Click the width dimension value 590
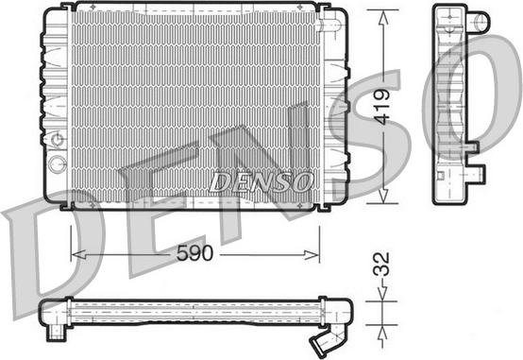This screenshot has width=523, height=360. (194, 253)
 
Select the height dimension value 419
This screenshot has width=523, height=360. (381, 107)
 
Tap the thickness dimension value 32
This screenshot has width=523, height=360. (381, 264)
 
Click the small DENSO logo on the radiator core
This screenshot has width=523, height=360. (261, 182)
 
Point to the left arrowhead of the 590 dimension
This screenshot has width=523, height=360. (78, 255)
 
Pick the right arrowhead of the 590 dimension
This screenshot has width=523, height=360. (312, 255)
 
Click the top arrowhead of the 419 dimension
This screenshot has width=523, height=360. (383, 18)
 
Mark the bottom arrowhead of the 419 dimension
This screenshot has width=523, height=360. (383, 196)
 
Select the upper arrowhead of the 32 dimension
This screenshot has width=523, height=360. (382, 294)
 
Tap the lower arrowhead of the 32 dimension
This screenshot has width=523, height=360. (382, 333)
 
